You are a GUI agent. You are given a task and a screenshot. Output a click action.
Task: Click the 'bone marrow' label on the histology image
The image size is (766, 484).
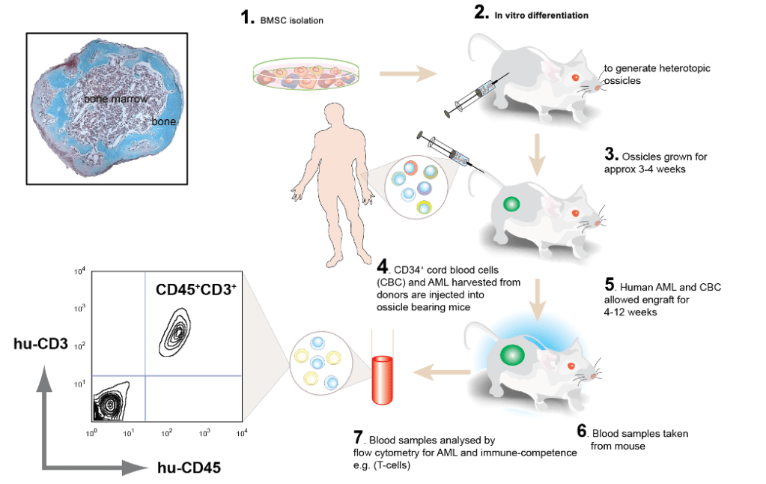(x=115, y=98)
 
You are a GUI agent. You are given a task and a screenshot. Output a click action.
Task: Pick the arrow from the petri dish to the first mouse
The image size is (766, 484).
(x=408, y=73)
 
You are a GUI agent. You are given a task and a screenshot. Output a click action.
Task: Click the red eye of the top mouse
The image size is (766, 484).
(x=575, y=77)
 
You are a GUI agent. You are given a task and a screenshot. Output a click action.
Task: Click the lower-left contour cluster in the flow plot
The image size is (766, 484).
(x=111, y=404)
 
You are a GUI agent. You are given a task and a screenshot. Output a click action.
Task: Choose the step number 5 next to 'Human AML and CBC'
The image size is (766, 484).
(x=610, y=285)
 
